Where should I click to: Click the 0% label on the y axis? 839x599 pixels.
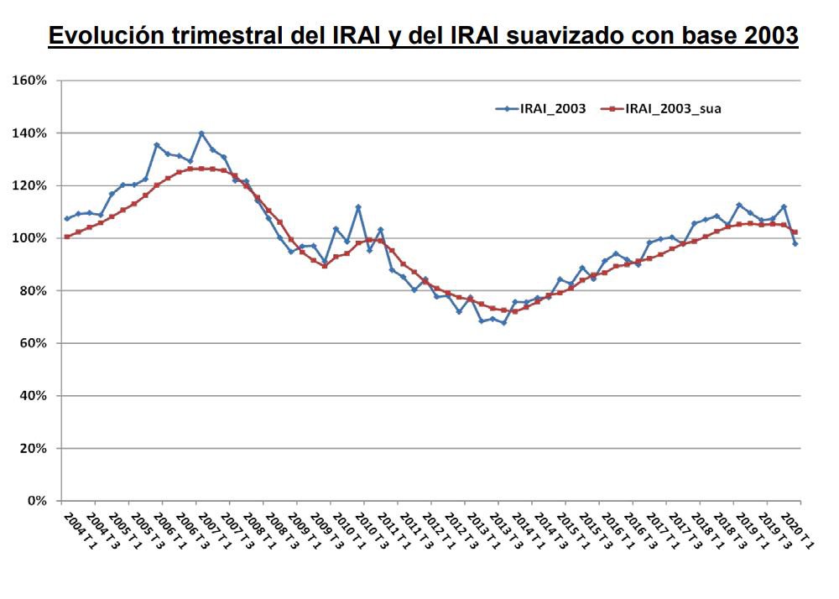tap(36, 501)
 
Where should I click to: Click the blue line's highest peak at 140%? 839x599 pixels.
tap(201, 133)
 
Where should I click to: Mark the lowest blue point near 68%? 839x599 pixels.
tap(503, 322)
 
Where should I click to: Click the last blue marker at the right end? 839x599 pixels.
tap(795, 243)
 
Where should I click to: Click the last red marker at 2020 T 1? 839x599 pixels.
tap(795, 232)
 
